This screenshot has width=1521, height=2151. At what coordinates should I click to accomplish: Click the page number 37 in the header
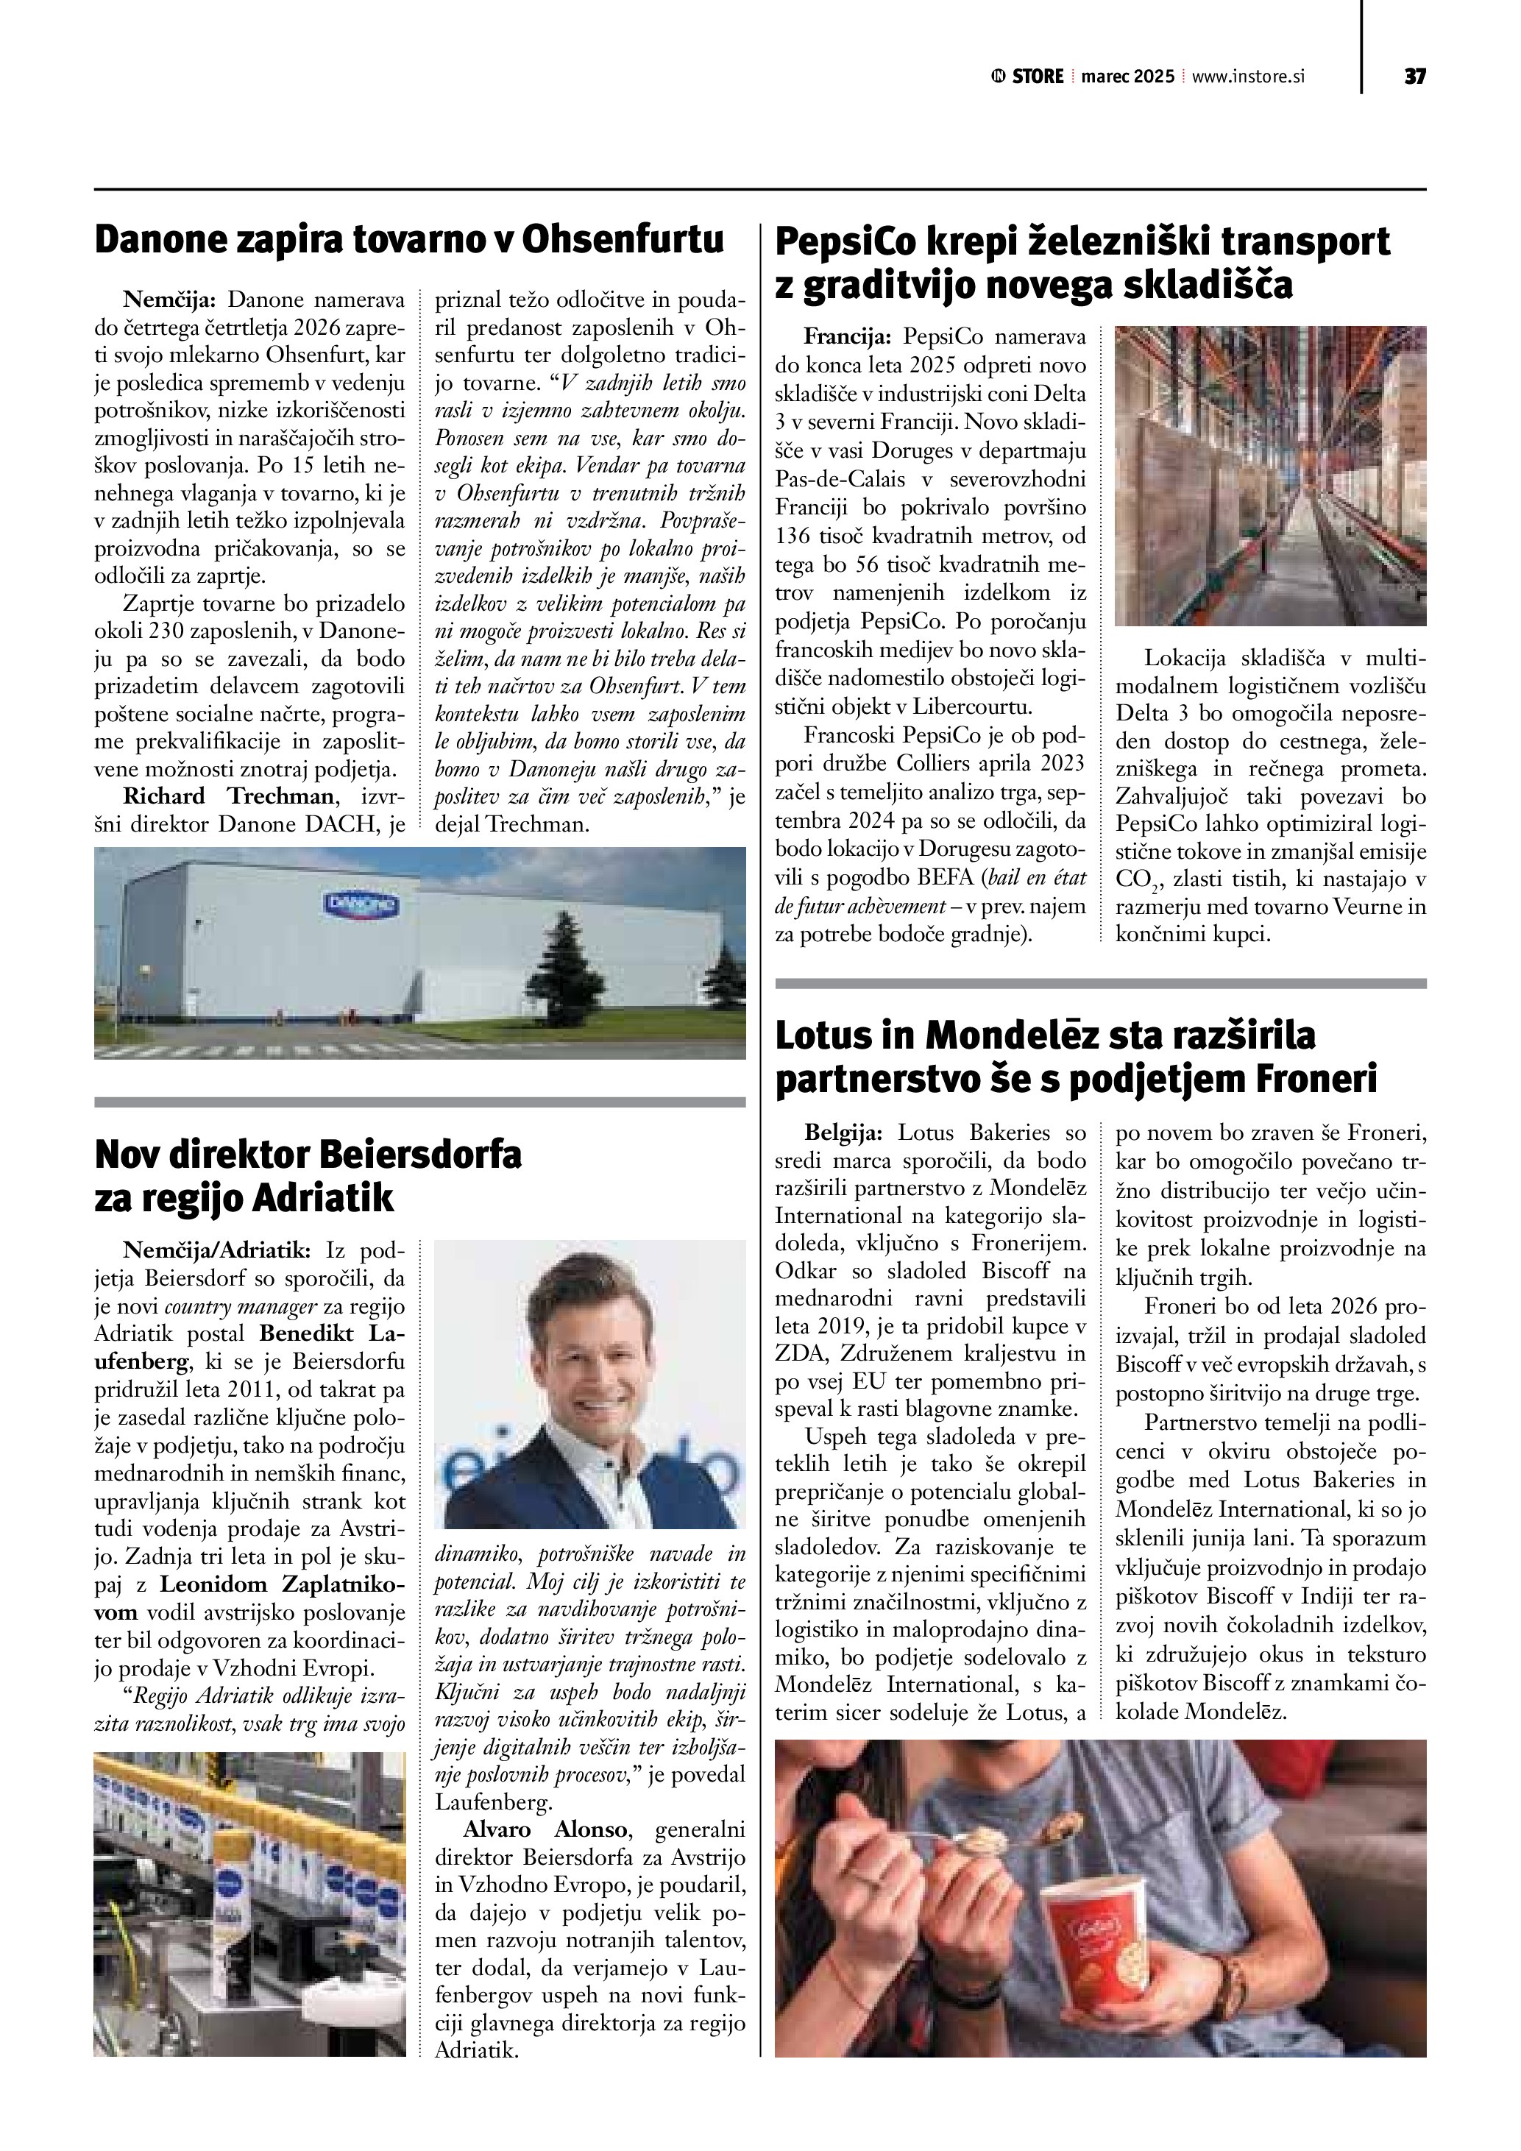tap(1414, 77)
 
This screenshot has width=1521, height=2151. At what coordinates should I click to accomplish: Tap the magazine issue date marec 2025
tap(1127, 77)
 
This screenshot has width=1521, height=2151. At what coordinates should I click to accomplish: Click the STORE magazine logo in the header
tap(1027, 77)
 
